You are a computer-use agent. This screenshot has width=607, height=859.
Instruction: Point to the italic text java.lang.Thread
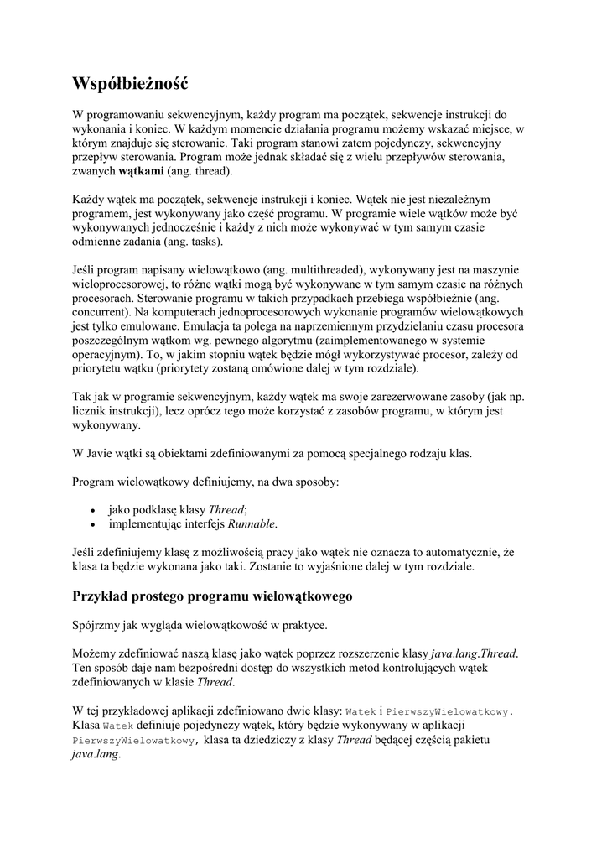click(x=474, y=653)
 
